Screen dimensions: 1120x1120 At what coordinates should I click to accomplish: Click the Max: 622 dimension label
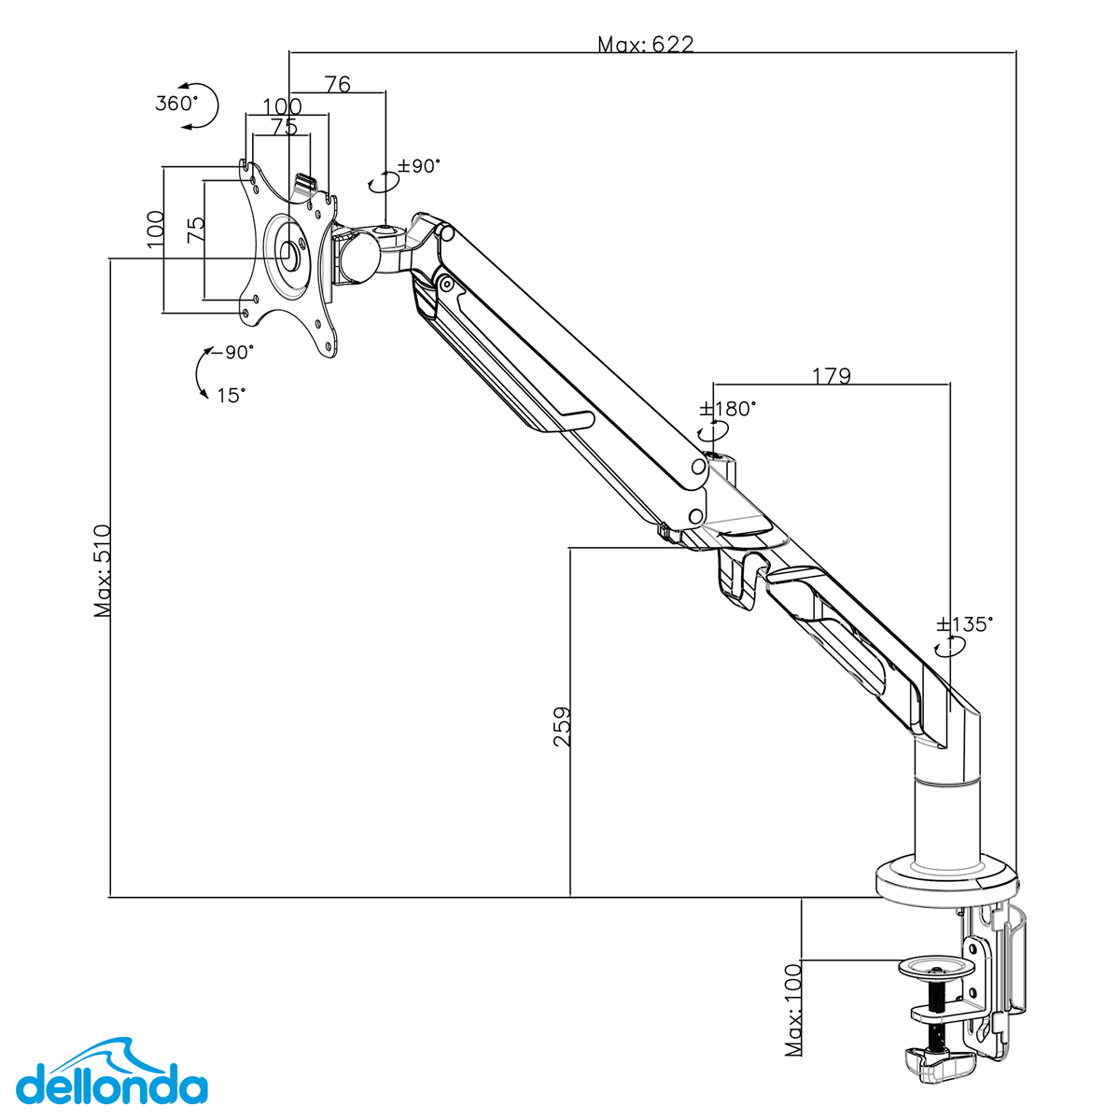tap(645, 44)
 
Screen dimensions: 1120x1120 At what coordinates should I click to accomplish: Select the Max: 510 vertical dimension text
tap(103, 570)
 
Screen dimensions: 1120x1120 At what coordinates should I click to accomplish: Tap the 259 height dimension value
tap(562, 725)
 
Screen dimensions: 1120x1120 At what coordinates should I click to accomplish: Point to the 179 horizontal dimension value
tap(831, 376)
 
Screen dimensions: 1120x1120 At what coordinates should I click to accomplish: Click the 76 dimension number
tap(337, 85)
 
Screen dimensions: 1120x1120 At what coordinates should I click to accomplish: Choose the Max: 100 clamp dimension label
tap(793, 1009)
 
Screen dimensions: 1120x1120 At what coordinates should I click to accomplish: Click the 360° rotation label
tap(175, 103)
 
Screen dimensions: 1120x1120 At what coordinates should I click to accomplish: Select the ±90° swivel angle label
tap(417, 166)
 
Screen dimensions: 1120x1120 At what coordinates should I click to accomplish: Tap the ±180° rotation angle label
tap(728, 409)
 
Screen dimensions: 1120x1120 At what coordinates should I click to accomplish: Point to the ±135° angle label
tap(965, 624)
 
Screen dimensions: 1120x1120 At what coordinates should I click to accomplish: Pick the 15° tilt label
tap(231, 395)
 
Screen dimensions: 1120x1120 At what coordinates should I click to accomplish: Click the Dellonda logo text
tap(112, 1087)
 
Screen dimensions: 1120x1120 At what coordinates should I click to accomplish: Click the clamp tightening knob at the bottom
tap(938, 1060)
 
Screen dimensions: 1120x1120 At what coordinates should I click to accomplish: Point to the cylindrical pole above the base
tap(946, 821)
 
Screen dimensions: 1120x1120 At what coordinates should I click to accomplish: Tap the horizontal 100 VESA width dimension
tap(282, 106)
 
